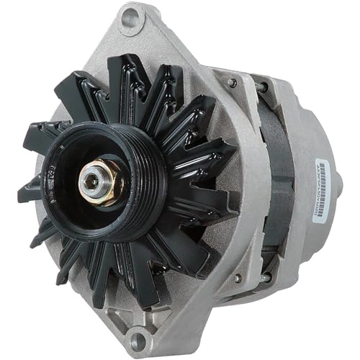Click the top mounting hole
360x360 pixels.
[x=130, y=17]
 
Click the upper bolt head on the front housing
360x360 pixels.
[x=231, y=82]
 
